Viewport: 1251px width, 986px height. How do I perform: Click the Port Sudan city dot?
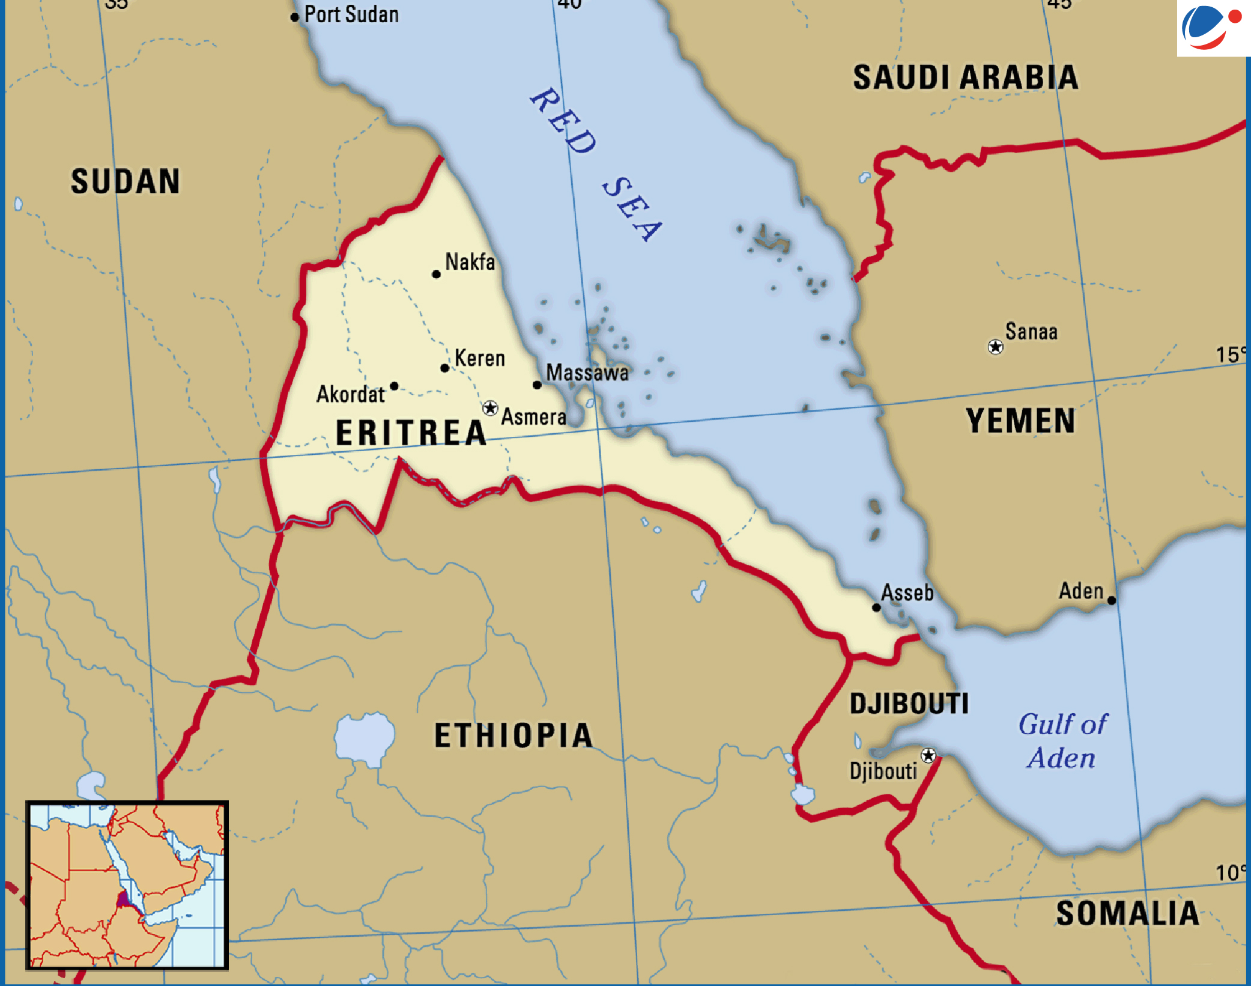coord(294,17)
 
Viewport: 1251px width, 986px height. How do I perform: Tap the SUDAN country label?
coord(125,181)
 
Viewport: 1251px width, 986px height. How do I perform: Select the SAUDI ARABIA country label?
coord(965,78)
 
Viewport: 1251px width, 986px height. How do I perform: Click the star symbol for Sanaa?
coord(995,347)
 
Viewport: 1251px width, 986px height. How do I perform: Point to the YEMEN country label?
coord(1020,421)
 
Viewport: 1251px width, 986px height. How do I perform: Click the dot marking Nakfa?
coord(437,275)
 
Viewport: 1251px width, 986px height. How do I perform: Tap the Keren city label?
coord(479,358)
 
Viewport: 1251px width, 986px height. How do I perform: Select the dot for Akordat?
coord(394,386)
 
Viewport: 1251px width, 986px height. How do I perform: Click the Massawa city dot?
coord(537,385)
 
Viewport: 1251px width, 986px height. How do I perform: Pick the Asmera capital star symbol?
coord(490,409)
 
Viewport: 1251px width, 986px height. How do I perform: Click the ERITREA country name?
coord(411,433)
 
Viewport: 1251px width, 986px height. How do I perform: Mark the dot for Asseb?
coord(876,607)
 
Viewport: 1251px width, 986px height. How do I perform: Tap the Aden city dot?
coord(1112,600)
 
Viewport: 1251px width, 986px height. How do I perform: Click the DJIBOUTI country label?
coord(909,704)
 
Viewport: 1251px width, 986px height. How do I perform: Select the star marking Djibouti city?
coord(928,755)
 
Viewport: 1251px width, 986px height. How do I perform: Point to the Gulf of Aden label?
coord(1062,741)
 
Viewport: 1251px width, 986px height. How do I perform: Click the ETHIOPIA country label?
coord(513,735)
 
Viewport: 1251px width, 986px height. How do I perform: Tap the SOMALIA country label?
coord(1127,914)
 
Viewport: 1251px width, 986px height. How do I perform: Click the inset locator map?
coord(127,885)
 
